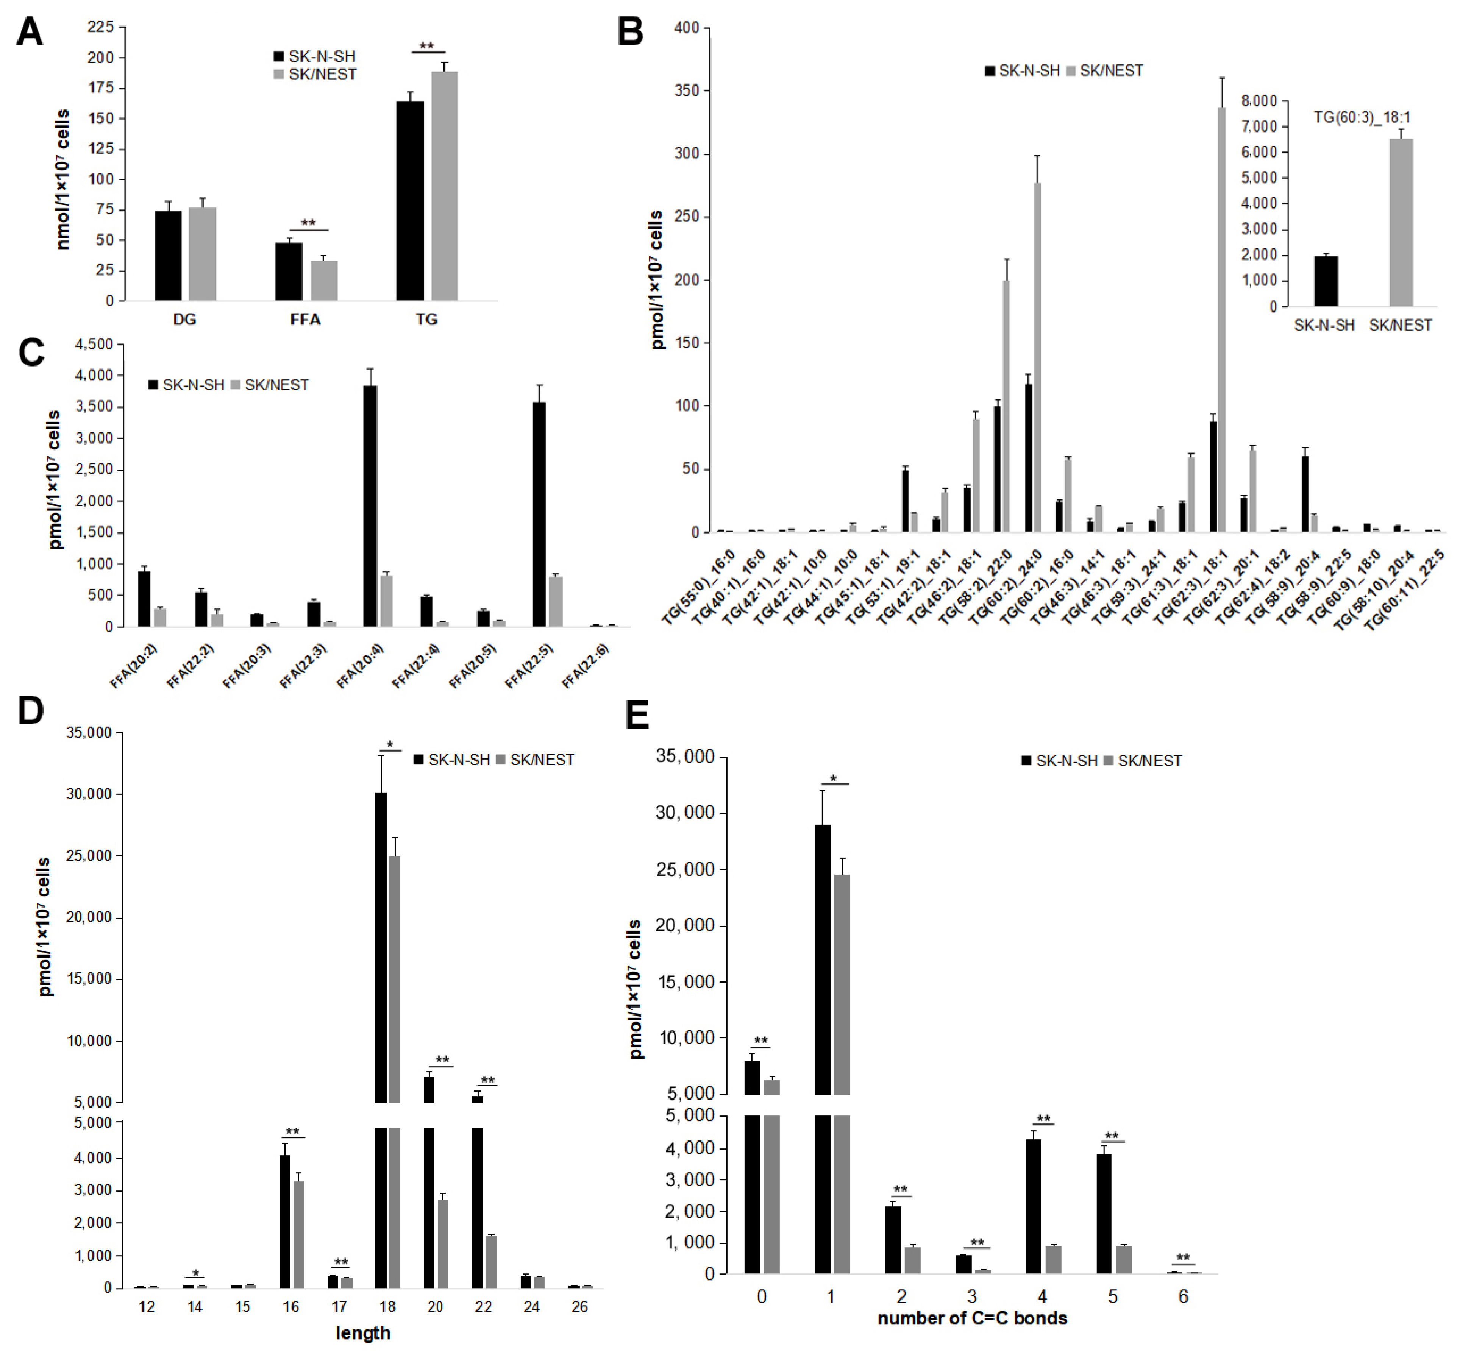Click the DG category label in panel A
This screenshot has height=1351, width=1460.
[184, 320]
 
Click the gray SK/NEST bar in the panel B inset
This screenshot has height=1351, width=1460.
[1400, 223]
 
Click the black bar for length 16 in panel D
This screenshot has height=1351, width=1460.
[284, 1221]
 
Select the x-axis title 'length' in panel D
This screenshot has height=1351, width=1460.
[362, 1333]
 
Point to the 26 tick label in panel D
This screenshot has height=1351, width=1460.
[579, 1306]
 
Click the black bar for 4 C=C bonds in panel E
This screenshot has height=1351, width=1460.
[1033, 1206]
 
